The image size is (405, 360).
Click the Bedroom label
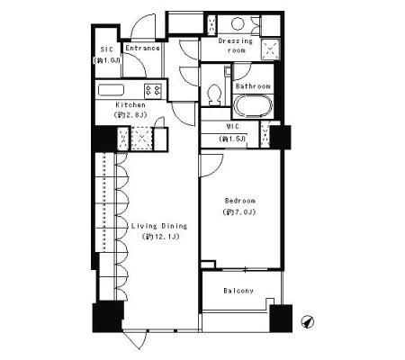[x=240, y=201]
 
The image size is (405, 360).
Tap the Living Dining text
[x=159, y=226]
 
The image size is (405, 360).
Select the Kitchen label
[x=130, y=105]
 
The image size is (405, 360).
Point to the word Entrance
[x=142, y=49]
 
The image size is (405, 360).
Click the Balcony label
[x=238, y=291]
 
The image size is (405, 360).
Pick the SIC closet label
[x=107, y=49]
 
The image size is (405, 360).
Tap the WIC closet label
[x=233, y=127]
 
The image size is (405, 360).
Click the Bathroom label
[x=253, y=86]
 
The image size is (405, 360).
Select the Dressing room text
[x=236, y=46]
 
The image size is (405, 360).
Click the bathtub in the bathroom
[x=253, y=106]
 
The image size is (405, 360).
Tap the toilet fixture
[x=214, y=94]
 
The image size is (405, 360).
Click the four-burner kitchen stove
[x=153, y=91]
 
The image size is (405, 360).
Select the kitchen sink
[x=111, y=90]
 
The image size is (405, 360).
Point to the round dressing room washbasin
[x=238, y=23]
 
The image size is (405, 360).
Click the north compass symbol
[x=308, y=322]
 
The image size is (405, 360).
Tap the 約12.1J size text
[x=161, y=237]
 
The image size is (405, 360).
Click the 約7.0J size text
[x=239, y=212]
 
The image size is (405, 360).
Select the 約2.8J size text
[x=130, y=115]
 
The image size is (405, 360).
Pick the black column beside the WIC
[x=281, y=137]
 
